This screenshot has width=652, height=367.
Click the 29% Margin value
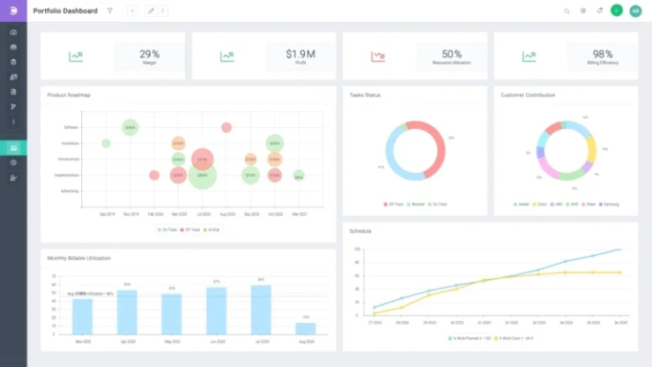150,54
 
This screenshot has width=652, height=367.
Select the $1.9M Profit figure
300,54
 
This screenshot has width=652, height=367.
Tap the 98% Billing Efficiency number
603,54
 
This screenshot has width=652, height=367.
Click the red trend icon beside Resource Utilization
378,56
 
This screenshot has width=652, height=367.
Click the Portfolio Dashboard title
65,11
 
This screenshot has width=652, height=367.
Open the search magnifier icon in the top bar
567,11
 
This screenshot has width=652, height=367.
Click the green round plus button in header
617,11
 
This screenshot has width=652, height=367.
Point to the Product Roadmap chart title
69,94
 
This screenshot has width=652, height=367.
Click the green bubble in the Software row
130,128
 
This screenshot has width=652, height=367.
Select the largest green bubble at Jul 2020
203,176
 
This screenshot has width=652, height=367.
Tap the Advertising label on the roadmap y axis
70,191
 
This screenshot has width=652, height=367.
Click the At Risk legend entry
211,229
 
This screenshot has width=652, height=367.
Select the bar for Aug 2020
306,328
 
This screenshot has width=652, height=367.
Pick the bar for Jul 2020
261,310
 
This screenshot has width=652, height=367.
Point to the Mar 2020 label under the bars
83,341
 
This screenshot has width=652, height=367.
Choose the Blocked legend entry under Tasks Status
417,204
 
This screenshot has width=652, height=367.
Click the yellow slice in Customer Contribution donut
591,147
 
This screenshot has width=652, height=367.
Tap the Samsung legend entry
609,204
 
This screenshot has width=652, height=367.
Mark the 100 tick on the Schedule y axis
358,250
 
